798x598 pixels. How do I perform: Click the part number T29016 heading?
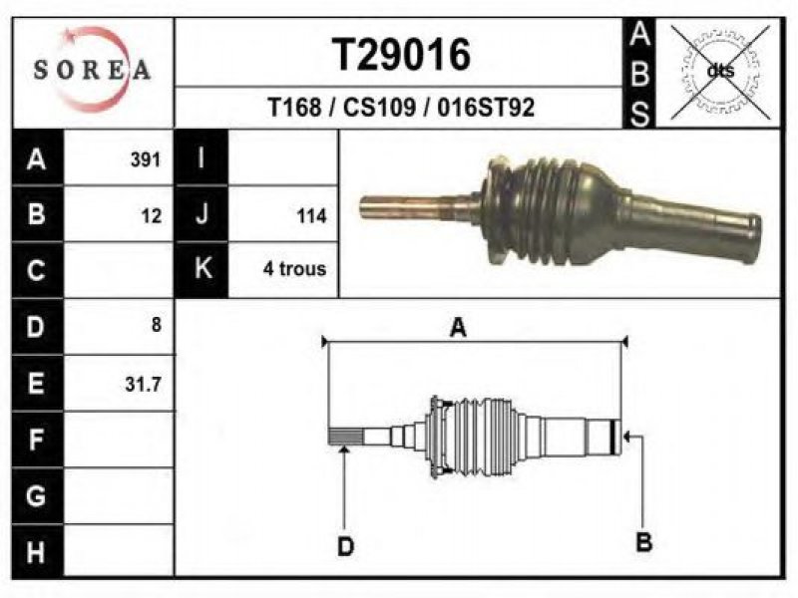(402, 55)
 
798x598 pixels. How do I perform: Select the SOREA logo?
(92, 70)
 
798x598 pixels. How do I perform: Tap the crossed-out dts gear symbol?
(720, 72)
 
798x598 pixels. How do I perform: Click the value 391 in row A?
(146, 159)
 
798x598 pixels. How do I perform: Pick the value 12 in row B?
(152, 216)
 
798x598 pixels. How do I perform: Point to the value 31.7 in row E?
(143, 384)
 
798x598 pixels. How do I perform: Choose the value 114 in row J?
(311, 216)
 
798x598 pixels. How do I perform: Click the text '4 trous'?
(294, 268)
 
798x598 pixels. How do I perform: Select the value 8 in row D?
(157, 325)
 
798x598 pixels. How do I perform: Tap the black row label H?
(37, 552)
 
